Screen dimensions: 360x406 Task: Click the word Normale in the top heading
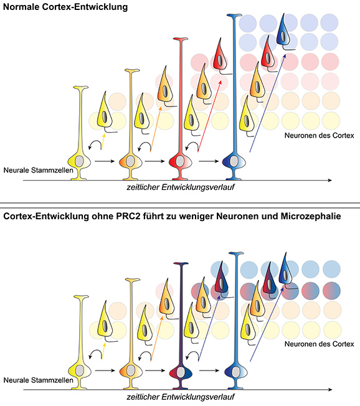21,7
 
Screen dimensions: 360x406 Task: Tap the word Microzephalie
311,216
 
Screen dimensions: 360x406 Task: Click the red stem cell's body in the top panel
180,161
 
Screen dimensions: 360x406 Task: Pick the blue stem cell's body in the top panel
234,161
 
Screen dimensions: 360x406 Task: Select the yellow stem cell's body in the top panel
79,161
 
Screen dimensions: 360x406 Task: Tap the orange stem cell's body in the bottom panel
131,371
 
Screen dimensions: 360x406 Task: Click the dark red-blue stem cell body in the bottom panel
181,372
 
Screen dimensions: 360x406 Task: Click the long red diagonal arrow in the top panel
209,116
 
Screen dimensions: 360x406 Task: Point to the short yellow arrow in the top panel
103,142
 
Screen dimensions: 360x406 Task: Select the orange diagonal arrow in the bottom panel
156,339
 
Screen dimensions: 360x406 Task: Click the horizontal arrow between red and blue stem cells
209,161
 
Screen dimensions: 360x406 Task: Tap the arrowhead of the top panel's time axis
329,180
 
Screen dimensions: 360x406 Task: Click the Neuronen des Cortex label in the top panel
319,135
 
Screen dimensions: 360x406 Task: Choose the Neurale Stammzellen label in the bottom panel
38,380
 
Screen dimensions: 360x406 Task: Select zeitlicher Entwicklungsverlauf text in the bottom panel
181,397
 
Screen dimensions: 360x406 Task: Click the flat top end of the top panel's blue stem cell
234,16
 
